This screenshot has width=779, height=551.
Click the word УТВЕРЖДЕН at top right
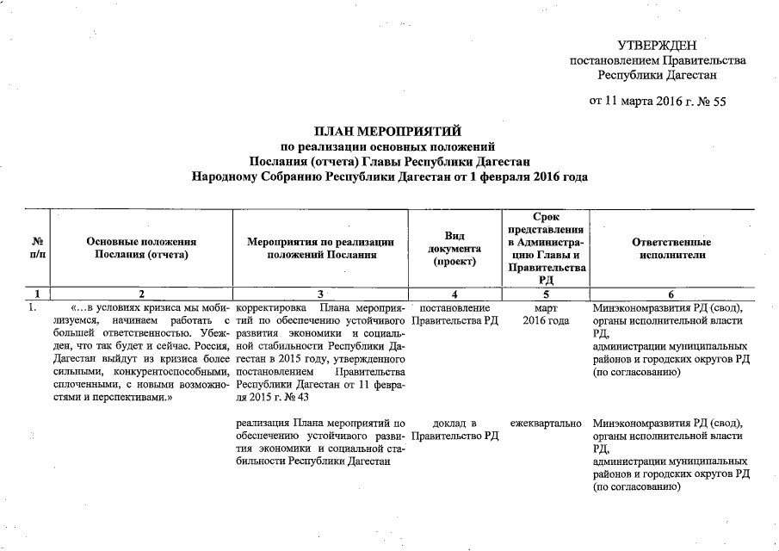coord(657,46)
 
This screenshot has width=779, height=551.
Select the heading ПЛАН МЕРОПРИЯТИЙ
coord(388,131)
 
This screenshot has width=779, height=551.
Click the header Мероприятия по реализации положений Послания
coord(320,248)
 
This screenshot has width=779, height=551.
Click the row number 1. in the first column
coord(32,308)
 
